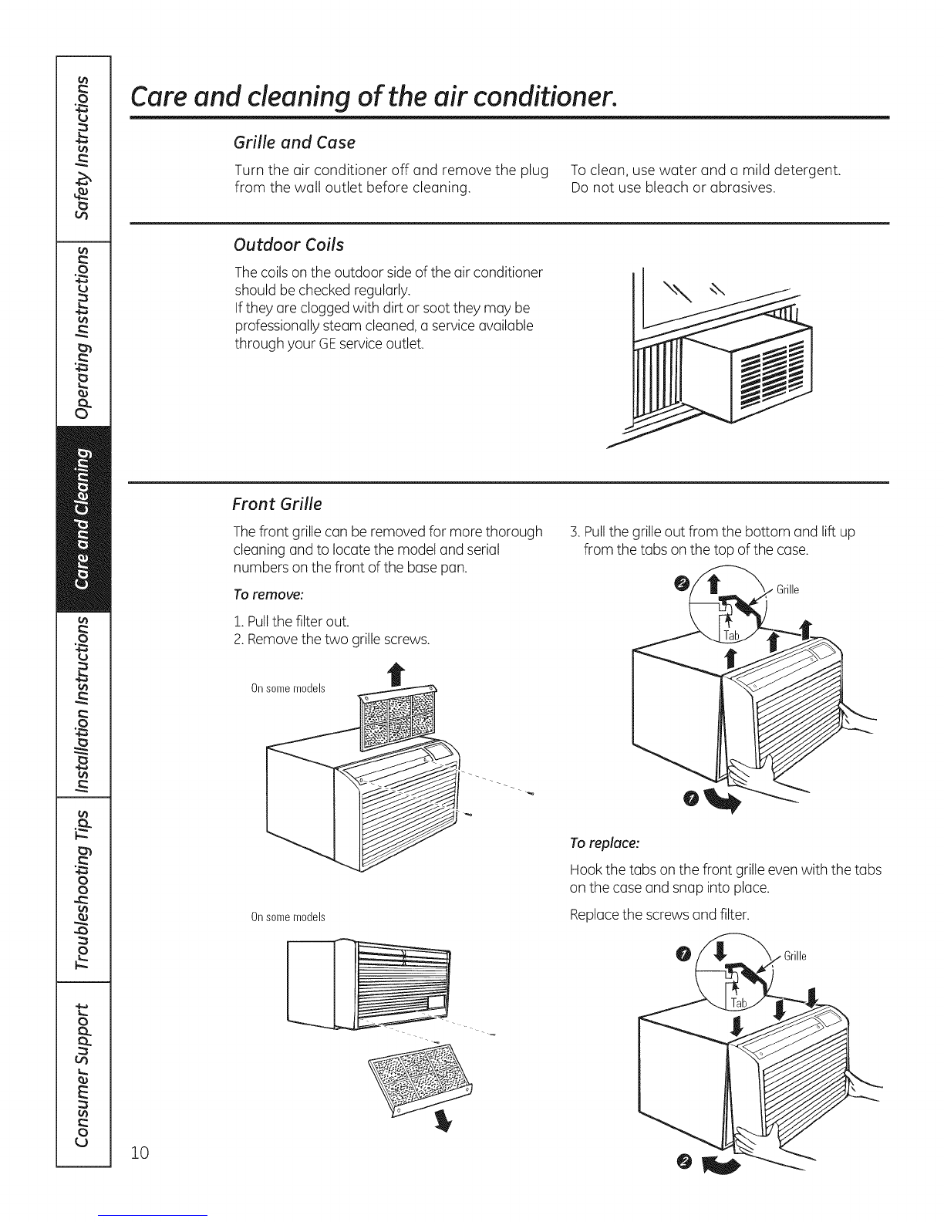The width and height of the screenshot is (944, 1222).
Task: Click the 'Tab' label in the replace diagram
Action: [739, 1003]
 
